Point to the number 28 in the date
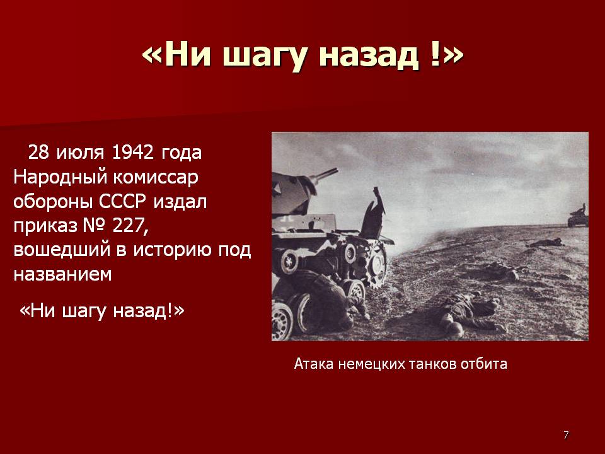pyautogui.click(x=38, y=153)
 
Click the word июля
pyautogui.click(x=80, y=153)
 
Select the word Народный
pyautogui.click(x=60, y=178)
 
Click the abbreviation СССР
pyautogui.click(x=123, y=202)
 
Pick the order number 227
pyautogui.click(x=130, y=226)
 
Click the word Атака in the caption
pyautogui.click(x=313, y=364)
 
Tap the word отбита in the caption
pyautogui.click(x=484, y=364)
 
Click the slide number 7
pyautogui.click(x=566, y=435)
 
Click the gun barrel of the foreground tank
pyautogui.click(x=323, y=175)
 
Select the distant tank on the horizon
pyautogui.click(x=578, y=216)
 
